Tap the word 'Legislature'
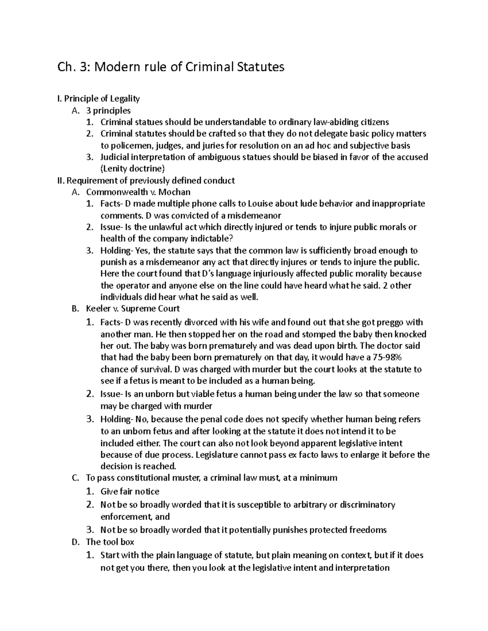[218, 454]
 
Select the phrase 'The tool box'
[110, 542]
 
